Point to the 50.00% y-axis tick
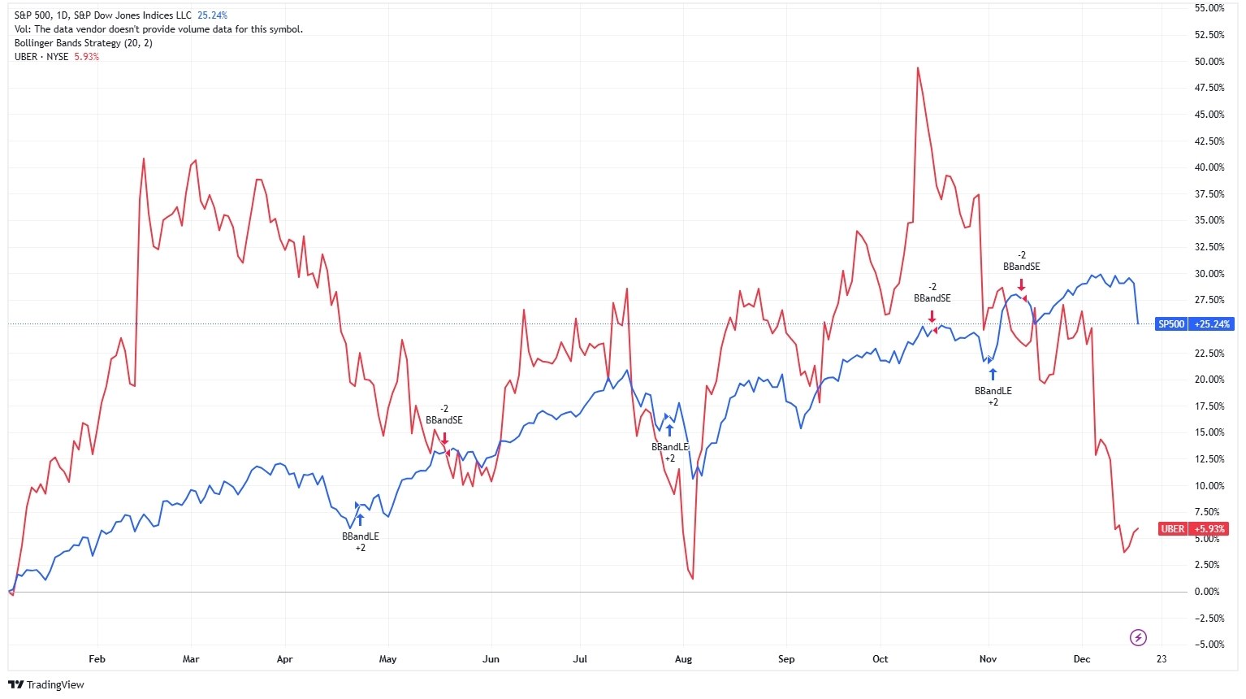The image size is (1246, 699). (x=1209, y=62)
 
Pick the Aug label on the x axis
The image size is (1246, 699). (x=683, y=659)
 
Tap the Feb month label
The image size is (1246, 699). (x=97, y=659)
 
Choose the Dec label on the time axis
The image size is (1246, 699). (x=1081, y=659)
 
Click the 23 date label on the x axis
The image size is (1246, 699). (x=1162, y=659)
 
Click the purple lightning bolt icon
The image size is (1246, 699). (x=1139, y=637)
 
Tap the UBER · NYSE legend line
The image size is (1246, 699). (x=41, y=57)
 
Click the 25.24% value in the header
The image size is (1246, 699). (x=212, y=15)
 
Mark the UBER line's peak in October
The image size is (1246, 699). (x=917, y=68)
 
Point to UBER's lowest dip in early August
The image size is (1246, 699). (x=692, y=578)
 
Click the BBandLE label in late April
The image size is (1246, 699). (x=360, y=536)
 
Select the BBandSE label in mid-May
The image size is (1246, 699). (x=444, y=420)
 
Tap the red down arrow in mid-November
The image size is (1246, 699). (x=1021, y=284)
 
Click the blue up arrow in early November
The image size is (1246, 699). (x=993, y=374)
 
